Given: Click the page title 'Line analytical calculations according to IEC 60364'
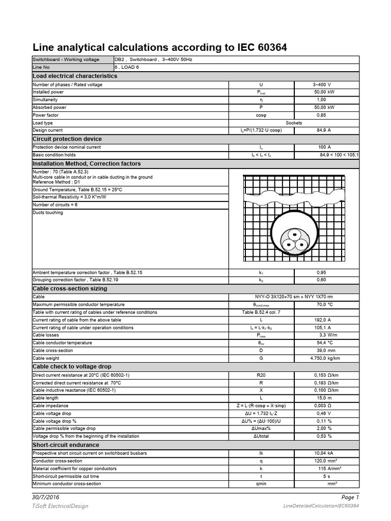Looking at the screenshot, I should click(160, 48).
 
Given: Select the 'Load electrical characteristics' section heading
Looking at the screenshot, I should click(75, 76).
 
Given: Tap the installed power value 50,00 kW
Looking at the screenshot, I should click(324, 92).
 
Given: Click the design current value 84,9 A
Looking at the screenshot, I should click(324, 130).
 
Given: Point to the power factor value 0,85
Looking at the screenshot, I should click(324, 115).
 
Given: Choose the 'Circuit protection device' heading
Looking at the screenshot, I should click(67, 139).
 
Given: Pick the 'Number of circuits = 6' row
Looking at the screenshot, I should click(55, 205).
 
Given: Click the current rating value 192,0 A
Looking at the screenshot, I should click(324, 320).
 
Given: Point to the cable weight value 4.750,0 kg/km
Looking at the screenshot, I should click(324, 358).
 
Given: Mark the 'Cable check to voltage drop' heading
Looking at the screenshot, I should click(72, 366).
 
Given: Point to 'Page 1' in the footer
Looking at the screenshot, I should click(350, 497).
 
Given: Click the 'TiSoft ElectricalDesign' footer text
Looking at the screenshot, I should click(60, 506).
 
